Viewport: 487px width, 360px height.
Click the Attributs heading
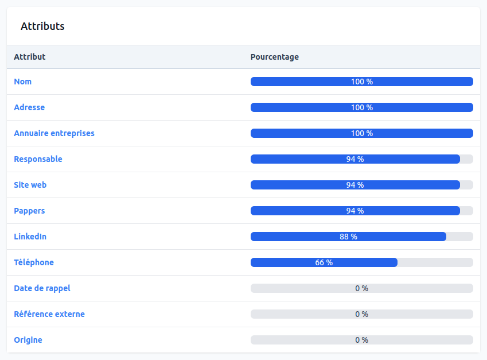tap(42, 26)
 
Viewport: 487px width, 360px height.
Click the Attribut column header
tap(30, 57)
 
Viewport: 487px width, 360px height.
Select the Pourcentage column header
tap(275, 57)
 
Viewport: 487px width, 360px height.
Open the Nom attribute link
tap(23, 82)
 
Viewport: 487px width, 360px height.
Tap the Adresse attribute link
tap(29, 107)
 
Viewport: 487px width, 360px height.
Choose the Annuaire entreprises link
tap(54, 133)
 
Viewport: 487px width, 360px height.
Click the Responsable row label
tap(38, 159)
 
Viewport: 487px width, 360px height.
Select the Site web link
tap(30, 185)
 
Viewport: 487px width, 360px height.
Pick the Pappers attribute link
tap(29, 211)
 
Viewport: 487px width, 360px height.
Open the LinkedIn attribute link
tap(30, 237)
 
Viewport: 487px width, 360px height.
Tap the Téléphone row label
tap(34, 262)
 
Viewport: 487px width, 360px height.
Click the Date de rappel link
tap(42, 288)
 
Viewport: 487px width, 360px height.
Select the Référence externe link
tap(49, 314)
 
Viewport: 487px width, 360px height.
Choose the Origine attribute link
tap(28, 340)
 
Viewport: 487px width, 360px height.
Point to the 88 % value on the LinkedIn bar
tap(348, 237)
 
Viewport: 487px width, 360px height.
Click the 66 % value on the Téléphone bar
tap(324, 262)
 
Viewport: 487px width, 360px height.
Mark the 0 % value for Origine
tap(361, 340)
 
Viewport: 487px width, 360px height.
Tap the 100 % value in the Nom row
tap(362, 82)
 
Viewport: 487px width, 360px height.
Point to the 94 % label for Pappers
tap(355, 211)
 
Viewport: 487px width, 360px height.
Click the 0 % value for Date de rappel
tap(361, 288)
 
